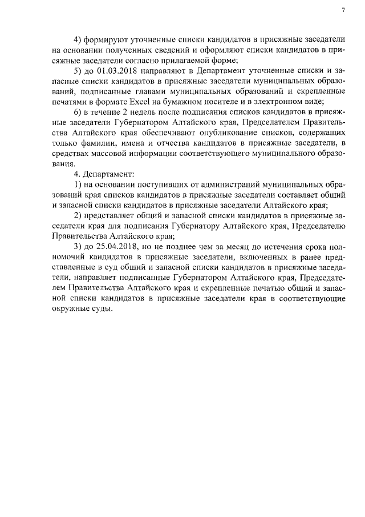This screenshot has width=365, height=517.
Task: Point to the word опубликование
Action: [x=221, y=133]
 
